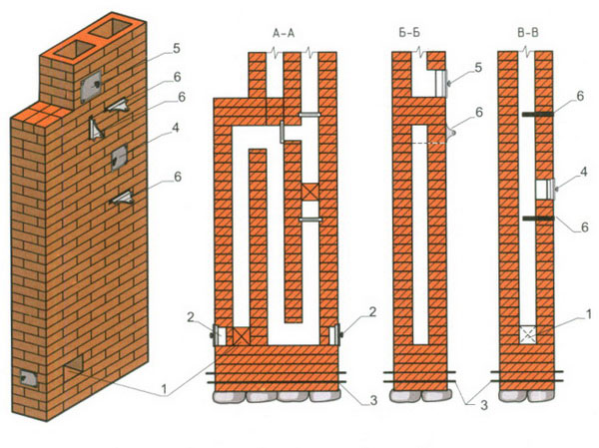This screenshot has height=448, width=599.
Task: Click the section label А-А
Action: tap(284, 33)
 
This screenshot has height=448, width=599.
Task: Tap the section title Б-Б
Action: tap(409, 33)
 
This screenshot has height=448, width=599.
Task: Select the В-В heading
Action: tap(527, 33)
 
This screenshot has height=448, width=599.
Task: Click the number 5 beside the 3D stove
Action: tap(176, 49)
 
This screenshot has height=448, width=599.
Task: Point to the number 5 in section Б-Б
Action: tap(478, 68)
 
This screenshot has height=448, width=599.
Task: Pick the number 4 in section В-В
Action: tap(583, 172)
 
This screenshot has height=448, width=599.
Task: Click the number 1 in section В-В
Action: tap(588, 314)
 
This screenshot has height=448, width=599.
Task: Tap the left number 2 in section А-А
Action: tap(191, 317)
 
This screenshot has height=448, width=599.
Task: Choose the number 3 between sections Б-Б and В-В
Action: tap(484, 405)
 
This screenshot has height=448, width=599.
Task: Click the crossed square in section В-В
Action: tap(528, 335)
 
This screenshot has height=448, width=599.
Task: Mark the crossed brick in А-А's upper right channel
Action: tap(309, 193)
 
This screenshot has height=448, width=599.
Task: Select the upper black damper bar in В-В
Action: tap(538, 114)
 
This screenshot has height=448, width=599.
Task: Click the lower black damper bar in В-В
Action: tap(538, 219)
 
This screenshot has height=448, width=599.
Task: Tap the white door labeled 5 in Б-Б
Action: tap(441, 83)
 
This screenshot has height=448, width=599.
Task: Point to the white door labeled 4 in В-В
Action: tap(545, 190)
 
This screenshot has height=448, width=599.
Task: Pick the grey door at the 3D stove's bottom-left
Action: tap(28, 378)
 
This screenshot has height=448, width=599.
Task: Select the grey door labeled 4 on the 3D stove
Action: tap(120, 157)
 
